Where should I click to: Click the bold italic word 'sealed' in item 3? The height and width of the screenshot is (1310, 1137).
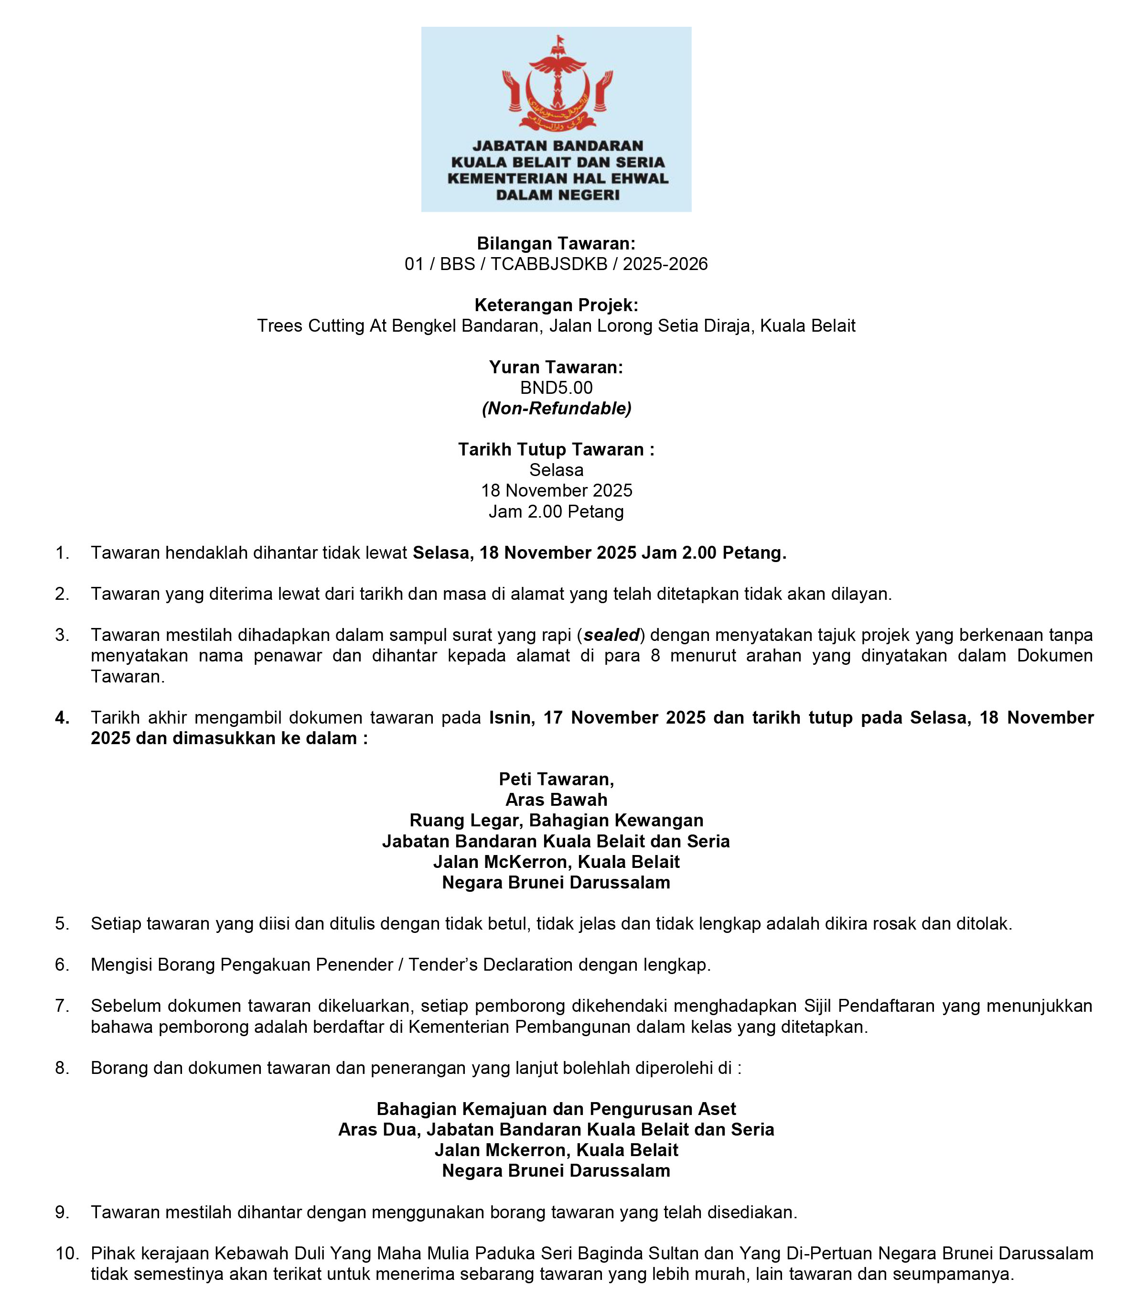(611, 635)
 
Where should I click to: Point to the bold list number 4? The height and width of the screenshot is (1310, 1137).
(62, 718)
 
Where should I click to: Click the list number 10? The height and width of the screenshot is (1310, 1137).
(66, 1254)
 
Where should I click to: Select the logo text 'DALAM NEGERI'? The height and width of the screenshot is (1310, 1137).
(557, 195)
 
